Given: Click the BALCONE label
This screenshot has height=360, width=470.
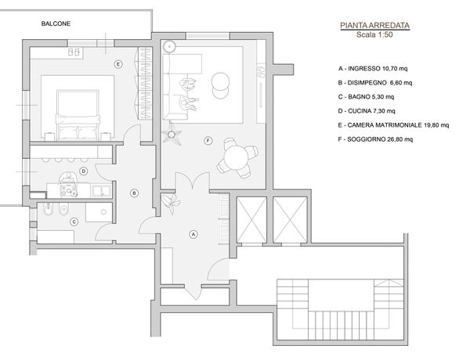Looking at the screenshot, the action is (x=56, y=23).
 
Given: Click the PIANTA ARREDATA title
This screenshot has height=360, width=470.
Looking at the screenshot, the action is (x=374, y=26).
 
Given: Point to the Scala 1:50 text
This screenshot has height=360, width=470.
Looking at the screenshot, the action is (x=374, y=34).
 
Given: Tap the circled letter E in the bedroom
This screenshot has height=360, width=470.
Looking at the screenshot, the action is (x=118, y=64).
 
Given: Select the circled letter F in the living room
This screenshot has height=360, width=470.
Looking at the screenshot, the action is (x=208, y=140).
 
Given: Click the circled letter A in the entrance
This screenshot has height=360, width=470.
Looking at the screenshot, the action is (x=193, y=234).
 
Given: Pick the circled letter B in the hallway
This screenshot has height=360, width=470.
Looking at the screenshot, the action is (x=134, y=193).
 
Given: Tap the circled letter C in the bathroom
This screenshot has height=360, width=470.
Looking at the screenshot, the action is (x=74, y=222).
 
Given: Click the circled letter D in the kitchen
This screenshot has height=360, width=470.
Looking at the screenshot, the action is (x=84, y=171).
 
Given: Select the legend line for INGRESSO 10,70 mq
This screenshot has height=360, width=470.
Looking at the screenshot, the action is (x=373, y=69).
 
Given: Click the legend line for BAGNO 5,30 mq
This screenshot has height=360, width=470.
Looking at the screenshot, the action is (x=366, y=97).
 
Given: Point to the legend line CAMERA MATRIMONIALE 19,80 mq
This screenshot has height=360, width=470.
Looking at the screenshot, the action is (x=393, y=125).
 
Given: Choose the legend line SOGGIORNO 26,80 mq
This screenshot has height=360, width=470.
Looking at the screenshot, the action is (x=375, y=139).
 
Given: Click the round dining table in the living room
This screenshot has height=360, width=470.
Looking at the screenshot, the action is (x=236, y=158).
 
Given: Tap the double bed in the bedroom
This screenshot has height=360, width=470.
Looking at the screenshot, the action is (x=78, y=115).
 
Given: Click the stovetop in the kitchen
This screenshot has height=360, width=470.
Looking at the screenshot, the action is (x=69, y=190).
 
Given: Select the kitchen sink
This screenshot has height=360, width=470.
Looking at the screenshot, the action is (x=101, y=191).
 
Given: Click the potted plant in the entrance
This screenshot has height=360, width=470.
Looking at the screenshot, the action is (x=171, y=202).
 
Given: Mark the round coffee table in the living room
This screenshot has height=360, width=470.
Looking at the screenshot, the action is (x=221, y=85).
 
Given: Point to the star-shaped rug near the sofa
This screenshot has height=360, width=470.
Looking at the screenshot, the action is (x=171, y=135).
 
